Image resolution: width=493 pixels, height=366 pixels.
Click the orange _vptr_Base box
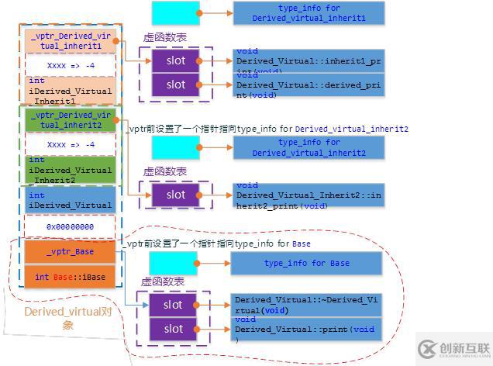click(x=70, y=252)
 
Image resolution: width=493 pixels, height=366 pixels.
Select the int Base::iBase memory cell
click(x=70, y=277)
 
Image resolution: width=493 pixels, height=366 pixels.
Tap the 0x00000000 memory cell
click(x=70, y=226)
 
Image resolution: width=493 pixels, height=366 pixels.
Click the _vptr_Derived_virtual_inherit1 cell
click(x=70, y=40)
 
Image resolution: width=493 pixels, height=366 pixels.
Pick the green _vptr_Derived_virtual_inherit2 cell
click(x=70, y=119)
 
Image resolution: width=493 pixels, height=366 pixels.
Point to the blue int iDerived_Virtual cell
click(x=70, y=199)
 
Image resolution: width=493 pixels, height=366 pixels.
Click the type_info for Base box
click(x=306, y=264)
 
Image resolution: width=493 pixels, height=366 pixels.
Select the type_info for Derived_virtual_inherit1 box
click(x=308, y=12)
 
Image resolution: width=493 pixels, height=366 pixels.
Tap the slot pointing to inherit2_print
click(x=176, y=195)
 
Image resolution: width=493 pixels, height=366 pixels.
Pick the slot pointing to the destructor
click(x=174, y=305)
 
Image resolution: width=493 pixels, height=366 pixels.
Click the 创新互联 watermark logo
click(x=453, y=348)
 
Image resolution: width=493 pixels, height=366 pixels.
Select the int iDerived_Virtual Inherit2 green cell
click(x=70, y=171)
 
